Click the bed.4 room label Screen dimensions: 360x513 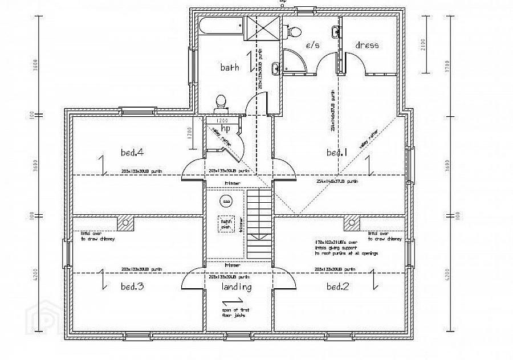pos(132,152)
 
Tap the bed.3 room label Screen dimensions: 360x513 pos(132,287)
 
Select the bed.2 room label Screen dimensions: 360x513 pos(337,287)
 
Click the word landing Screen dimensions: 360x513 pos(237,287)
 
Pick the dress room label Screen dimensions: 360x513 pos(367,45)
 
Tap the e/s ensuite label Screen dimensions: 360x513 pos(312,46)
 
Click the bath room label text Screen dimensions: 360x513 pos(229,67)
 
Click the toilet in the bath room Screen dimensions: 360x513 pos(221,103)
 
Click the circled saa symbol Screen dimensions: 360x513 pos(226,202)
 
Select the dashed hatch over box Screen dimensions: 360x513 pos(225,224)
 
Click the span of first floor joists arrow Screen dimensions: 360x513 pos(237,301)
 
